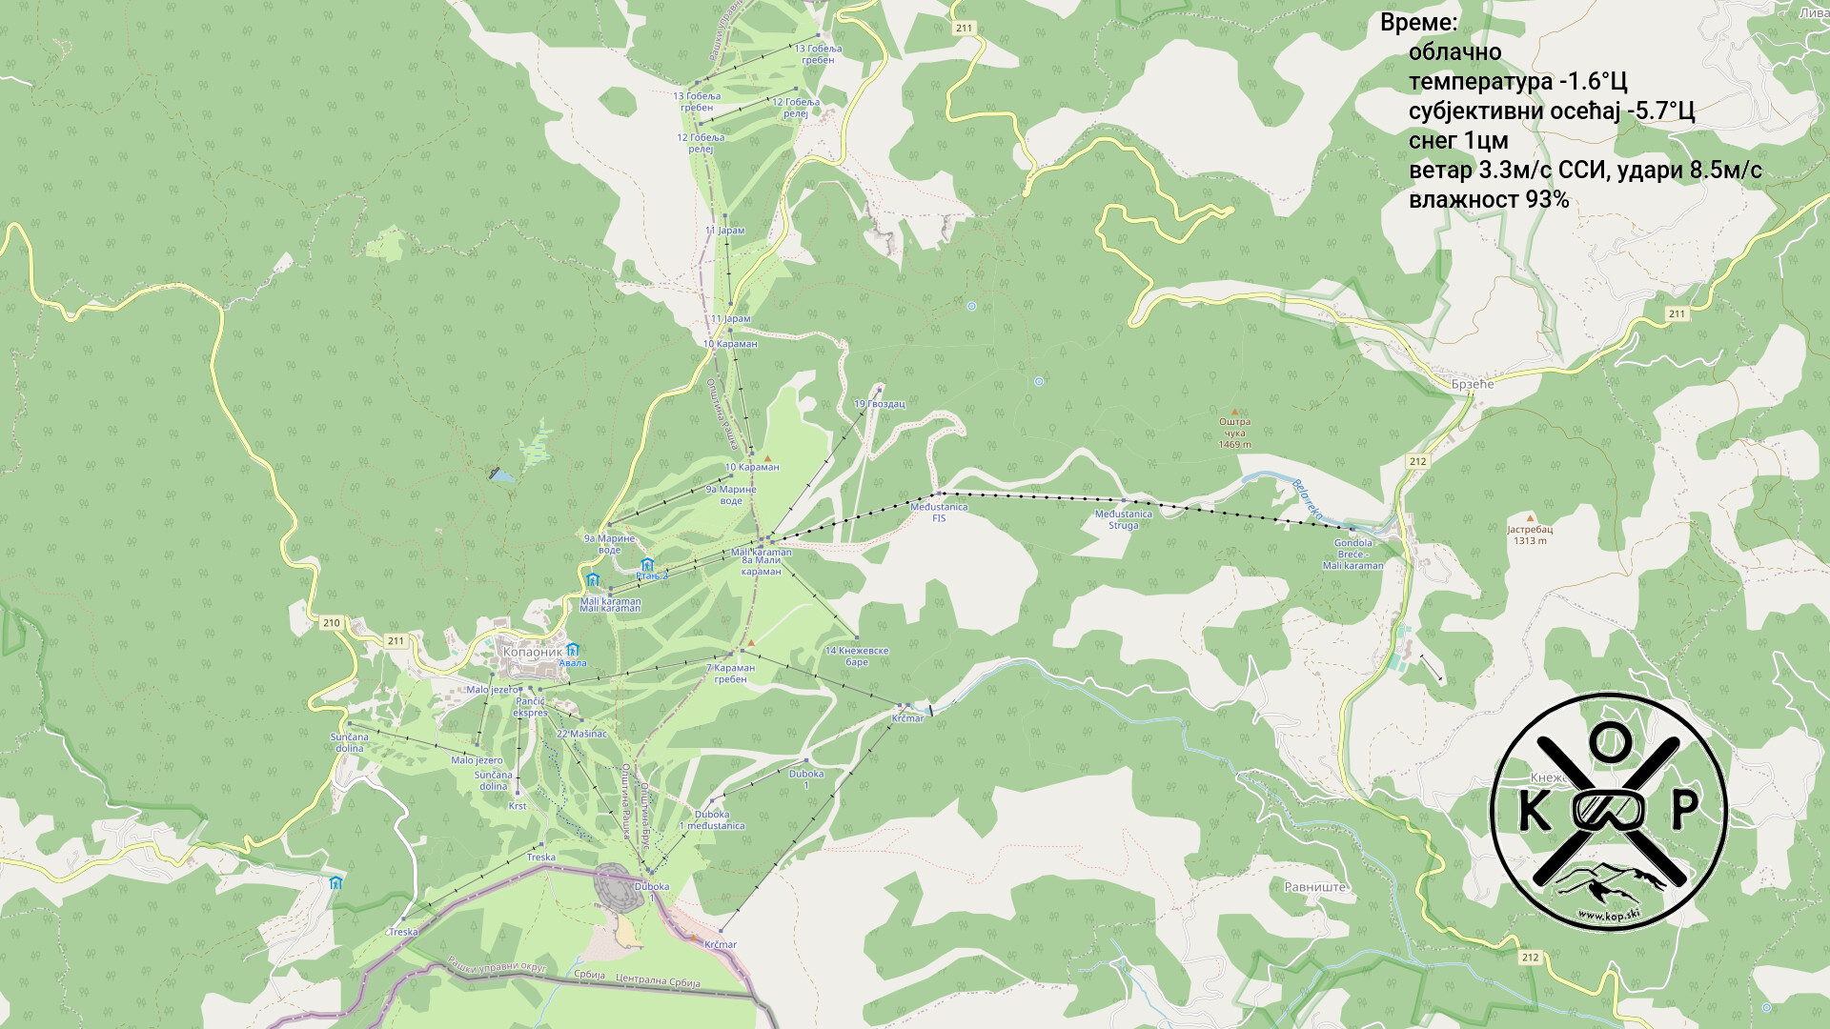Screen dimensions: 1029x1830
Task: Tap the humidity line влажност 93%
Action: (1488, 200)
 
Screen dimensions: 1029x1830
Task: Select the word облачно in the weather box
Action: (1454, 52)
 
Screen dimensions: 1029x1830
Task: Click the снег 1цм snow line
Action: (1457, 141)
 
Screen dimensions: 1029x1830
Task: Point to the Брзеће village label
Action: (1472, 385)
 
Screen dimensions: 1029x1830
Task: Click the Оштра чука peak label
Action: (1234, 433)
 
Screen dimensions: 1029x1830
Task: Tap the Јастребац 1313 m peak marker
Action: (1530, 531)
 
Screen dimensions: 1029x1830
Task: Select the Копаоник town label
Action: (532, 653)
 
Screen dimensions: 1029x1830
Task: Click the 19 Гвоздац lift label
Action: (879, 404)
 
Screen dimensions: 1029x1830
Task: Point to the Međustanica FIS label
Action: (939, 513)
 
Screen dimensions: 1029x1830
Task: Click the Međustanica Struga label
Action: (1123, 519)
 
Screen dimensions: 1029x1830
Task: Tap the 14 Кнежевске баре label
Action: (856, 656)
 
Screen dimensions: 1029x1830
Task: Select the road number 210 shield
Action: (331, 623)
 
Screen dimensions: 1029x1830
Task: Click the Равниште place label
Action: (1314, 887)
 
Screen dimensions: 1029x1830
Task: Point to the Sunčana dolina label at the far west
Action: (349, 742)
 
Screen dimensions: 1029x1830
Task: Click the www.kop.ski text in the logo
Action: (1608, 916)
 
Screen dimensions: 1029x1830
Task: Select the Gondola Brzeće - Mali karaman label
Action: (1352, 555)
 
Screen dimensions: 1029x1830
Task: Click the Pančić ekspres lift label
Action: (530, 707)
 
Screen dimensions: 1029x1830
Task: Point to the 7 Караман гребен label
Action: (730, 674)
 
